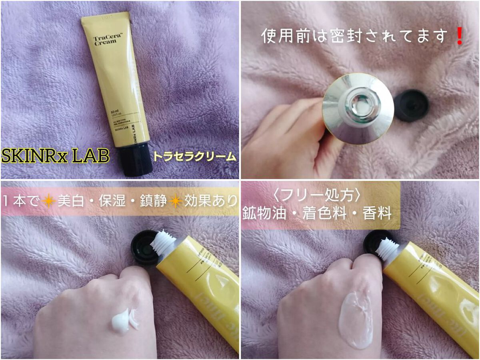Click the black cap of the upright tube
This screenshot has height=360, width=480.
(x=135, y=160)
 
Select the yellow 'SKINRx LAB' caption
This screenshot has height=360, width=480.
(x=55, y=156)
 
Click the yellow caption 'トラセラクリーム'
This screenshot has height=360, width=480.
(x=196, y=157)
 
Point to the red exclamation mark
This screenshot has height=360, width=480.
(x=459, y=36)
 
